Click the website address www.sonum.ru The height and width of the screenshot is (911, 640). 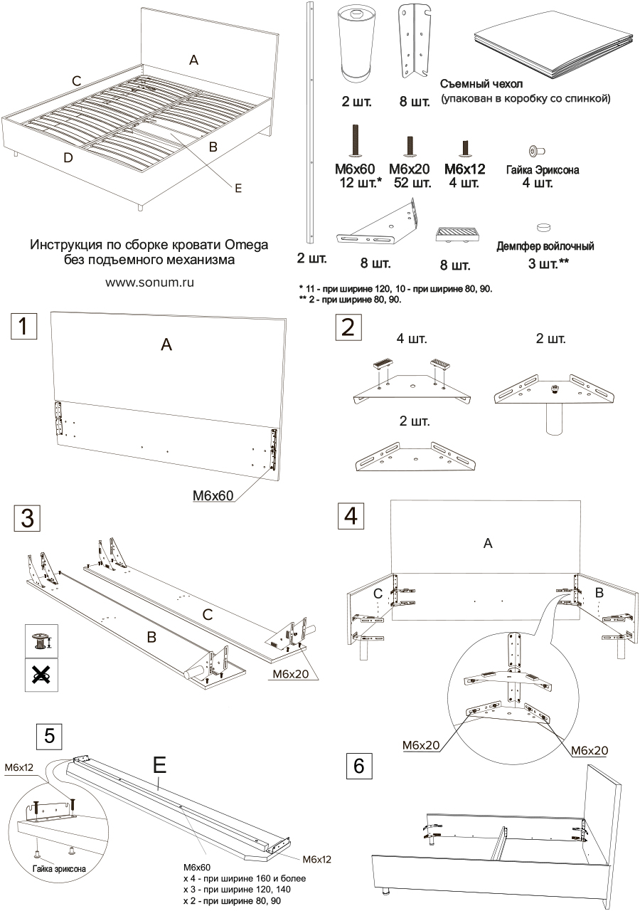150,282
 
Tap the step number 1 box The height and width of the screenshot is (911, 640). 23,327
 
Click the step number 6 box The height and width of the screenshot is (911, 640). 358,766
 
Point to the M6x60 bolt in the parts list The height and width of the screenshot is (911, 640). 354,139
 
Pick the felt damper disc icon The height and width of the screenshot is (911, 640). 545,228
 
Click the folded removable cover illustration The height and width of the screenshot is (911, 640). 552,51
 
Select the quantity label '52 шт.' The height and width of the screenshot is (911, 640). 412,184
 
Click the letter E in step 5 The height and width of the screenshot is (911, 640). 159,765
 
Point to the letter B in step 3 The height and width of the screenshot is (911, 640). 151,637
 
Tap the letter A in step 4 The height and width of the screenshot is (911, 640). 488,544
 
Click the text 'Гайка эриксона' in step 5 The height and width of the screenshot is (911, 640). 60,870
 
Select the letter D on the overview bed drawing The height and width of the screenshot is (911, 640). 68,158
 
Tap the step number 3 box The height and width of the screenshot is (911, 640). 28,518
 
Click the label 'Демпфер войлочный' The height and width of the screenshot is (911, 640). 545,246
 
